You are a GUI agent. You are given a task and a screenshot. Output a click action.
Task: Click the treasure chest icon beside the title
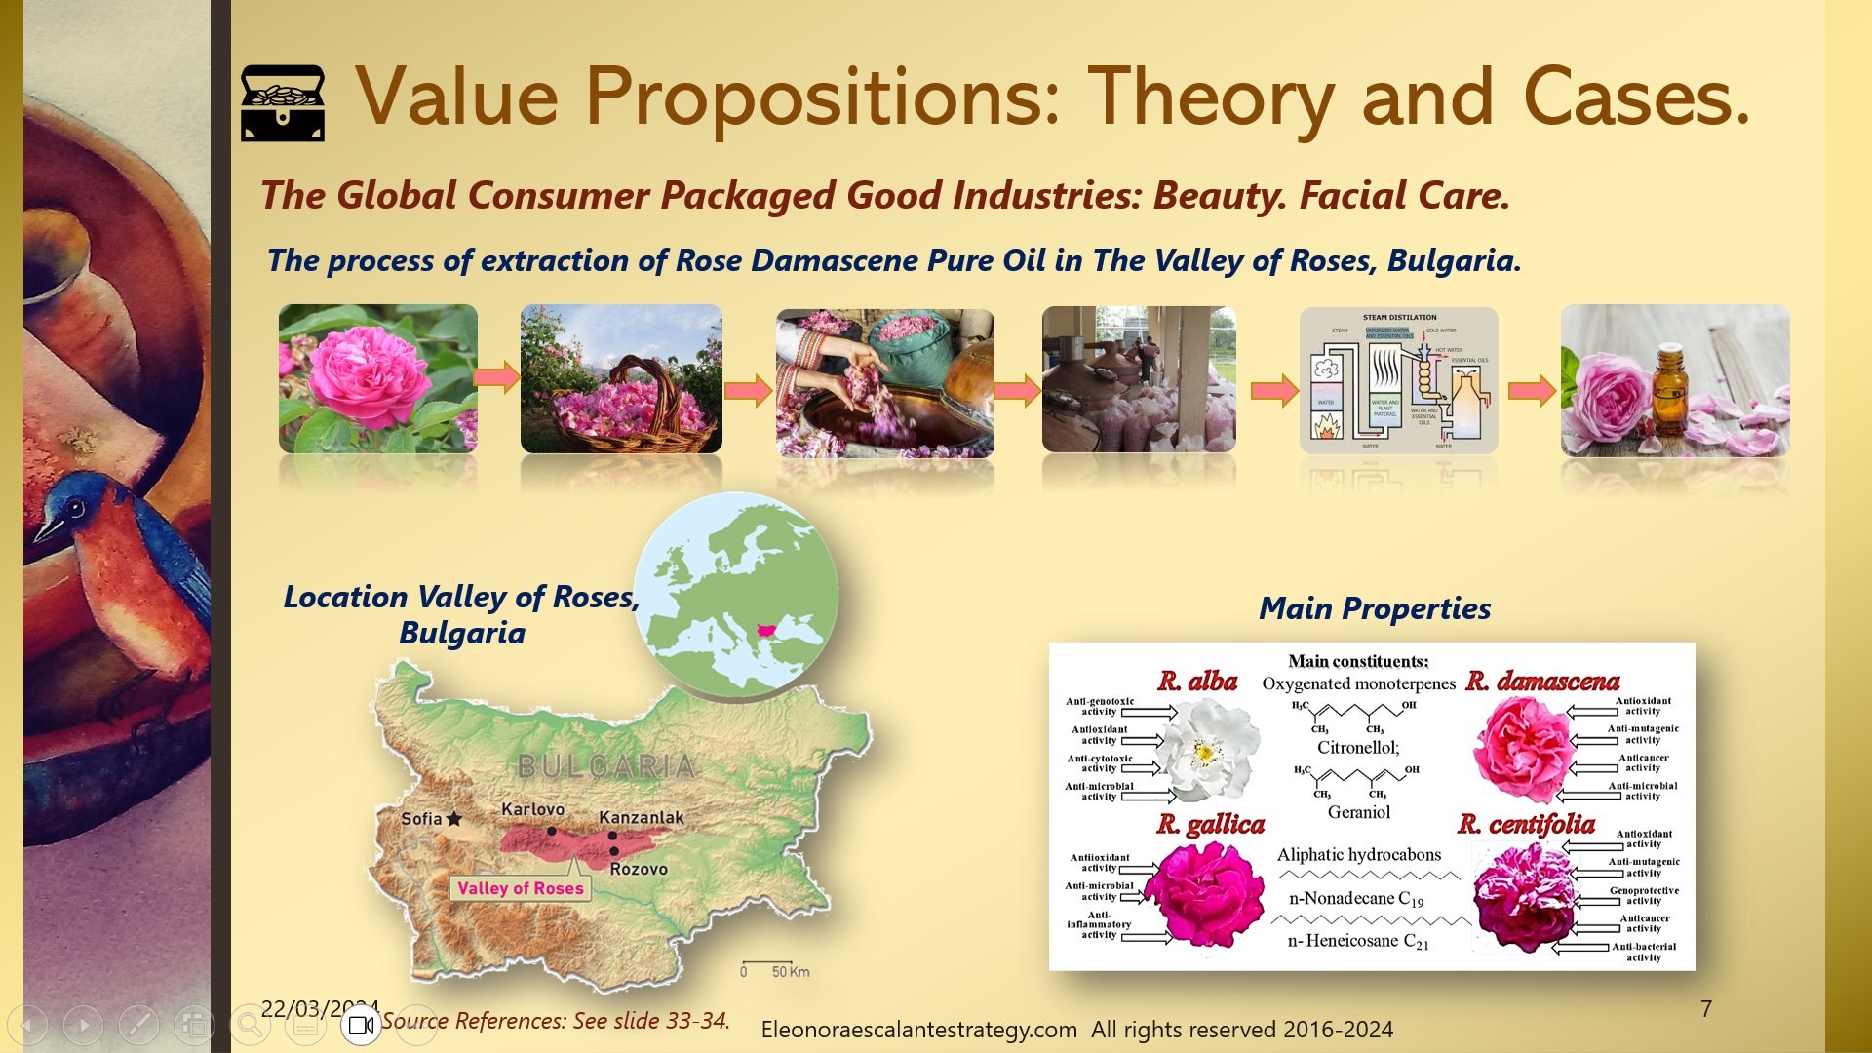coord(283,102)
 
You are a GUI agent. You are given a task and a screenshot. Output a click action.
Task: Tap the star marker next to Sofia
coord(454,819)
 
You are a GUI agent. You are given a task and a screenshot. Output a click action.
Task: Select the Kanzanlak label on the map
coord(641,817)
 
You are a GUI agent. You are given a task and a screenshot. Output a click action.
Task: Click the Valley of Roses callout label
coord(521,888)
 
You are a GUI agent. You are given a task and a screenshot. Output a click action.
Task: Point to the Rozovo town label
coord(639,869)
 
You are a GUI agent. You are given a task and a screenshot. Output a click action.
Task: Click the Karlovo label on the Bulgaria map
coord(532,809)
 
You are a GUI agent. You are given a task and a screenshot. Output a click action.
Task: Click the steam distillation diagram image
coord(1398,380)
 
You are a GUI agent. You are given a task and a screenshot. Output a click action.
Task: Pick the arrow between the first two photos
coord(497,377)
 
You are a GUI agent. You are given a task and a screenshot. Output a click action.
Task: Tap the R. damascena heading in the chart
coord(1542,681)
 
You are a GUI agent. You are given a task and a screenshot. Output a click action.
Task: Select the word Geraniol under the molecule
coord(1358,812)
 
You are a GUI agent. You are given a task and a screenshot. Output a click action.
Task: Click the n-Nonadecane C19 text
coord(1355,899)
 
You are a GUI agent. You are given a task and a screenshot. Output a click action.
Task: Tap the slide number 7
coord(1705,1009)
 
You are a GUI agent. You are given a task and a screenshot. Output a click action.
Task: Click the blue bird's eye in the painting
coord(75,508)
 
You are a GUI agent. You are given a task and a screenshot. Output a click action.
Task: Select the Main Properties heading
coord(1374,608)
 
